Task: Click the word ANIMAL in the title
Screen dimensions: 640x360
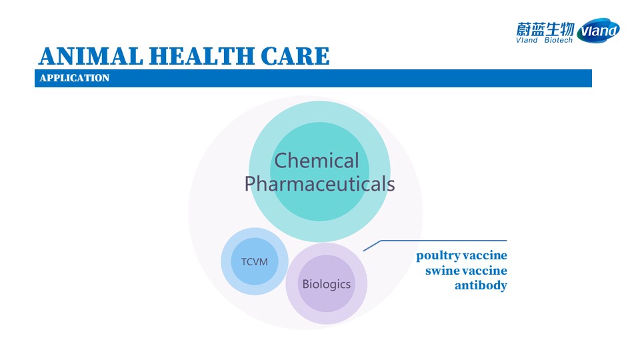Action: tap(91, 56)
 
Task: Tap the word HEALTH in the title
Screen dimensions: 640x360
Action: tap(201, 56)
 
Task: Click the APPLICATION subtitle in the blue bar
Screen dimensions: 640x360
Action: tap(75, 78)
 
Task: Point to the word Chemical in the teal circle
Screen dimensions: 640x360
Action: tap(317, 161)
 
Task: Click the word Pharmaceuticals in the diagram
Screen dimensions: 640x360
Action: tap(319, 184)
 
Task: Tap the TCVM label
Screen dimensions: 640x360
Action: tap(255, 261)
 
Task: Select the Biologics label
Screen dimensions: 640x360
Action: tap(327, 284)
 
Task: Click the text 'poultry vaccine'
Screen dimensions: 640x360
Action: tap(461, 256)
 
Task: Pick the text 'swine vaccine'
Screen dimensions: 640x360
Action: tap(466, 271)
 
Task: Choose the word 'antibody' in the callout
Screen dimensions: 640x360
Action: tap(481, 285)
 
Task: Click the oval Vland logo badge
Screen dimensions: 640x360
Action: tap(599, 30)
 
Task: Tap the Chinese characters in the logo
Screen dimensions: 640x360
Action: tap(545, 29)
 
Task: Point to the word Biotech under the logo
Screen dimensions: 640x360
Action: tap(559, 40)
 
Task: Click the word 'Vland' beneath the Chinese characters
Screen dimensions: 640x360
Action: tap(527, 40)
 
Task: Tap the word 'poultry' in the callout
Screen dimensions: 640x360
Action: tap(437, 256)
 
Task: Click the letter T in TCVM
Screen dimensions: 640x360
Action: tap(244, 261)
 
